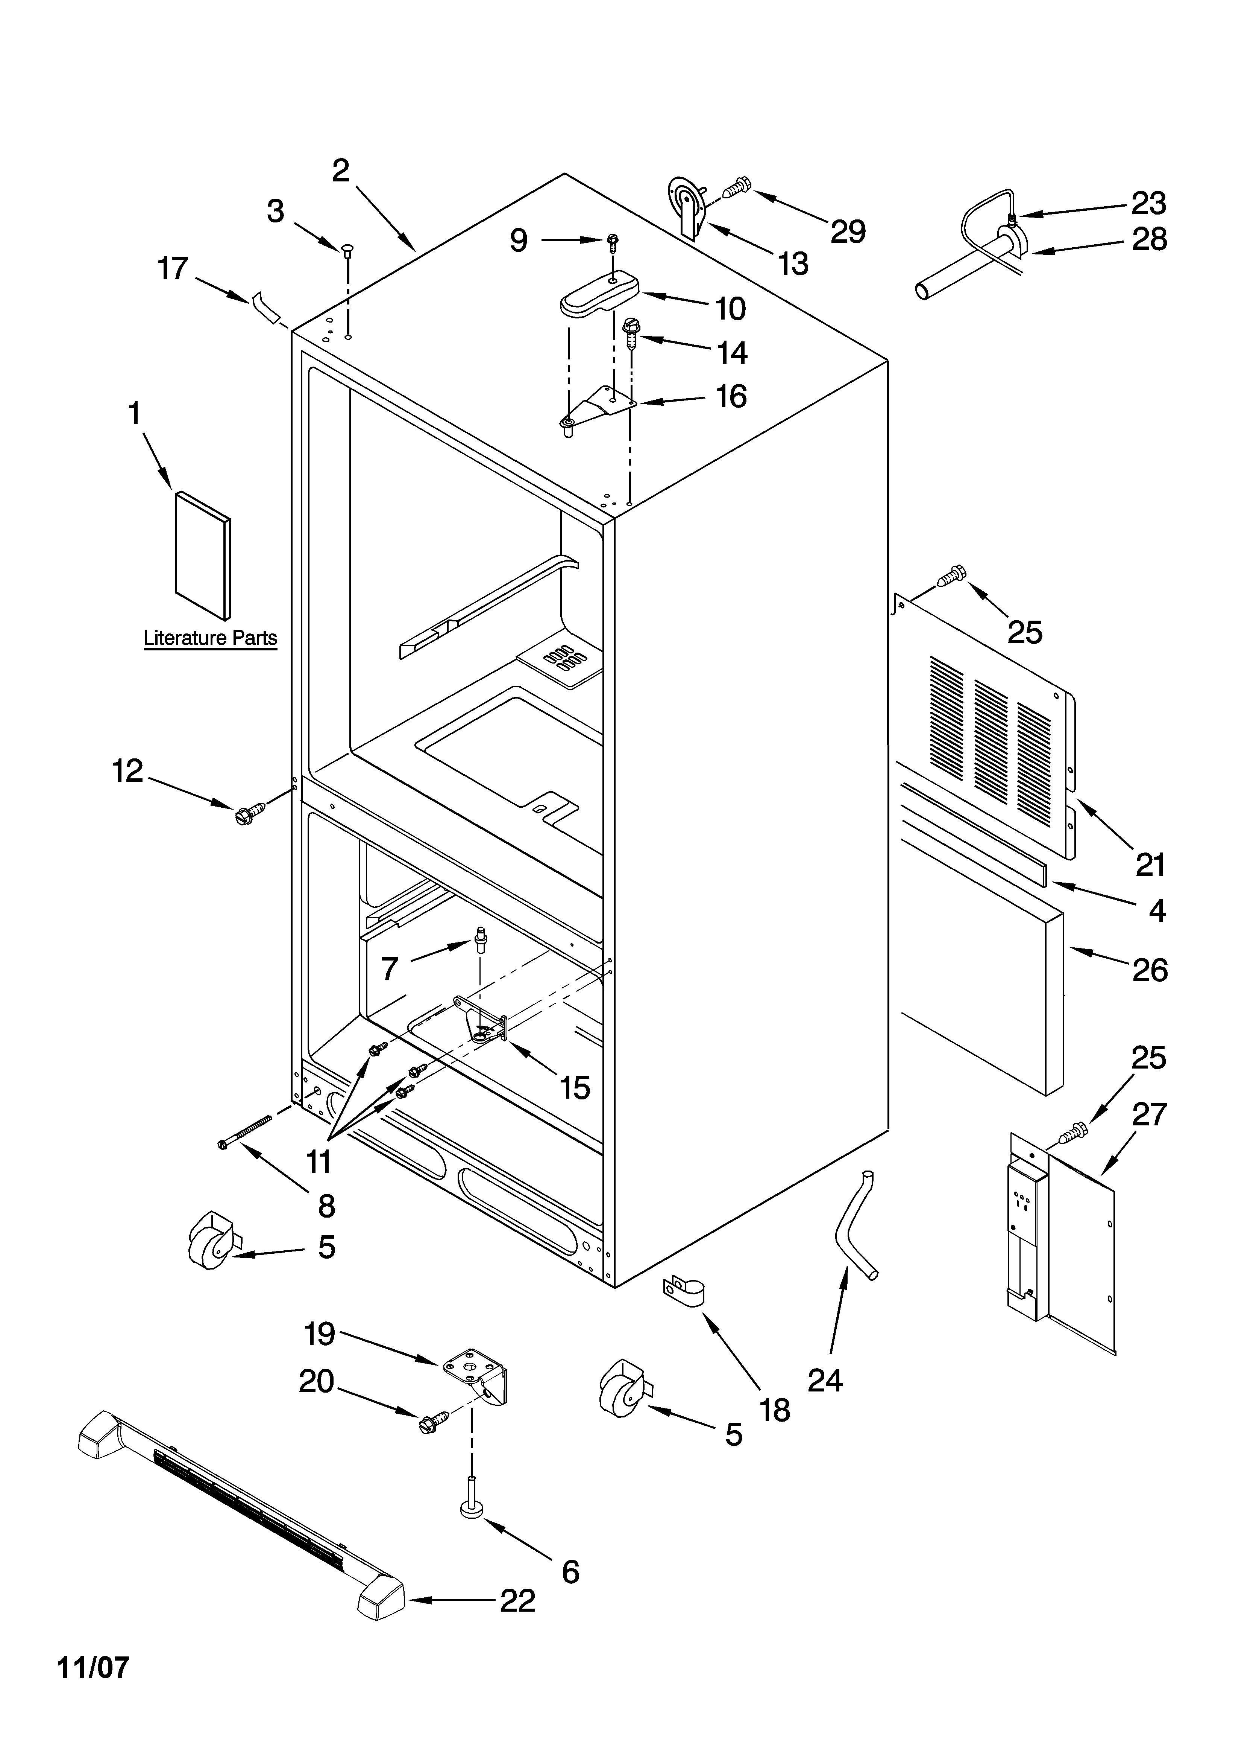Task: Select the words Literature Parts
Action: [x=210, y=638]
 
